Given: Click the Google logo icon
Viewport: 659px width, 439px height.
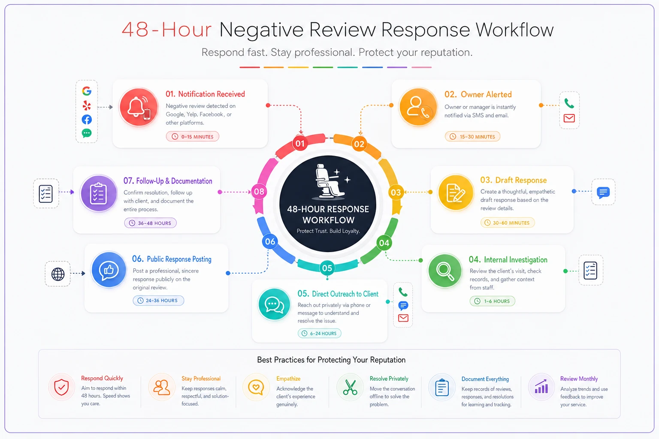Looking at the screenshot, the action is click(87, 91).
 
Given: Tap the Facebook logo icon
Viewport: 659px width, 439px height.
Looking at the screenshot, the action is click(87, 119).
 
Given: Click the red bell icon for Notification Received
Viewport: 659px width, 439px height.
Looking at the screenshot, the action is click(139, 107).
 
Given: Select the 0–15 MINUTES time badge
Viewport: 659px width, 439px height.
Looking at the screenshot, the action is click(192, 136).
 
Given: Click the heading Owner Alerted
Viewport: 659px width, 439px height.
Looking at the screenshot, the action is click(486, 94).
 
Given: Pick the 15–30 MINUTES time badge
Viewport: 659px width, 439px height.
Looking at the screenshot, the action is click(472, 136).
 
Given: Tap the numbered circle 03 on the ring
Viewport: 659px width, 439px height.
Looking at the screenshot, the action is click(396, 192).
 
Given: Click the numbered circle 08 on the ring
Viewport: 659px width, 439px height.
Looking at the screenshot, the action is click(259, 192).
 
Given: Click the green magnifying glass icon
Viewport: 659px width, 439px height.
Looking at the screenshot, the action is click(445, 271).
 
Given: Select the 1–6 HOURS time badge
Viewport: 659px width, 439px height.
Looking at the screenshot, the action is click(493, 301).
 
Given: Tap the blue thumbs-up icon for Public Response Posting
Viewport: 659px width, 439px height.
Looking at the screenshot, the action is click(109, 270).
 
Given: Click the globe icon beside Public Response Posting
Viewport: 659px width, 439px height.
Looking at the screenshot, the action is click(58, 274).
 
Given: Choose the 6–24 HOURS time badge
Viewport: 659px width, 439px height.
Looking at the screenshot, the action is click(320, 333).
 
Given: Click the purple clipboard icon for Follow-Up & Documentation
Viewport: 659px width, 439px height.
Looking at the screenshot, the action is click(99, 193).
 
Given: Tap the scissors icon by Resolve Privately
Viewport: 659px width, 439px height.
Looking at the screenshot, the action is click(350, 387).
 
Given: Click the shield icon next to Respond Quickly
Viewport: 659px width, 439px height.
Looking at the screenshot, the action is click(61, 387).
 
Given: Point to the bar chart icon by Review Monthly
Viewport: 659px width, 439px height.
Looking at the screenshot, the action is click(541, 386).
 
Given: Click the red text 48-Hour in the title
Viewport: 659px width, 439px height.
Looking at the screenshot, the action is click(167, 30).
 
